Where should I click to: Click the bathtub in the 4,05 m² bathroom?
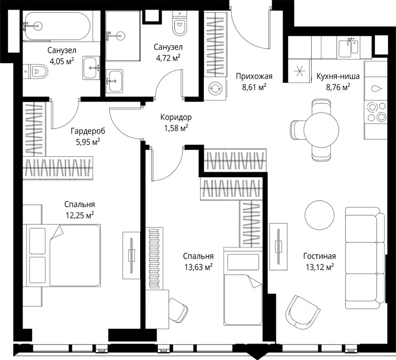(58, 26)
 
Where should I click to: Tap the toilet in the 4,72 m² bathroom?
(180, 23)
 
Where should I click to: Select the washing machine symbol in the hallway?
(215, 89)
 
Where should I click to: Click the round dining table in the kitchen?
(321, 130)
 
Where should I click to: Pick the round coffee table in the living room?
(320, 215)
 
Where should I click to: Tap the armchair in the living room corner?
(300, 313)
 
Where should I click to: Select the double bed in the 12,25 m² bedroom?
(62, 255)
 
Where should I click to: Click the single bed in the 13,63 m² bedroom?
(243, 286)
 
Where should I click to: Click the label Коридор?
(176, 117)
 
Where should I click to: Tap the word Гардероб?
(88, 131)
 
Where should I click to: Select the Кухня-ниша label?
(338, 76)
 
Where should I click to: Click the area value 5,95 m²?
(88, 142)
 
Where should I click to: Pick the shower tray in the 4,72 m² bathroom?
(123, 36)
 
